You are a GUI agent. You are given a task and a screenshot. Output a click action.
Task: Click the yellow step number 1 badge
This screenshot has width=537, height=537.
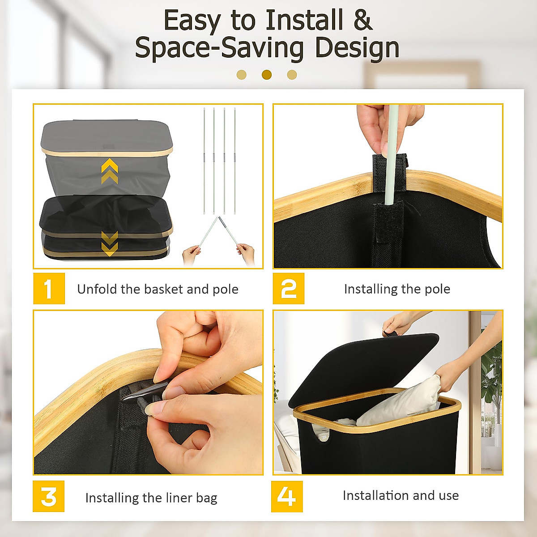[x=49, y=289]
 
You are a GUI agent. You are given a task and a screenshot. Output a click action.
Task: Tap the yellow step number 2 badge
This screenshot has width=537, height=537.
[x=289, y=289]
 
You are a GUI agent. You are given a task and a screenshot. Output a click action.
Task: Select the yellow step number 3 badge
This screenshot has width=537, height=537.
[x=48, y=496]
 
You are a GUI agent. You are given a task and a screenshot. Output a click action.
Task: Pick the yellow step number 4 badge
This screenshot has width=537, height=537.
[x=287, y=496]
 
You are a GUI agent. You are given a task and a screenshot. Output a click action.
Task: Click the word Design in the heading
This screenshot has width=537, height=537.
[x=357, y=48]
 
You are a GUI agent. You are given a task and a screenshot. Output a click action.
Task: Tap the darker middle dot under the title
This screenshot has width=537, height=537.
[x=267, y=74]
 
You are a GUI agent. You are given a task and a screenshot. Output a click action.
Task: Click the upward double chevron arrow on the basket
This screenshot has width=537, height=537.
[x=110, y=171]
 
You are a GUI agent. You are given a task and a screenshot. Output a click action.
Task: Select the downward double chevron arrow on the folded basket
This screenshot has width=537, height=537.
[x=110, y=243]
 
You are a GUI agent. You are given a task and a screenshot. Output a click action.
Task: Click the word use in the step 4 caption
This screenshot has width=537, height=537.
[x=449, y=496]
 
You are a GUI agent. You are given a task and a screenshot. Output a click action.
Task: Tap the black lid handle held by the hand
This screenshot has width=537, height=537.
[x=392, y=333]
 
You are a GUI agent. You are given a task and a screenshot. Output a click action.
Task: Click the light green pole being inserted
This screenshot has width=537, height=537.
[x=391, y=155]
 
